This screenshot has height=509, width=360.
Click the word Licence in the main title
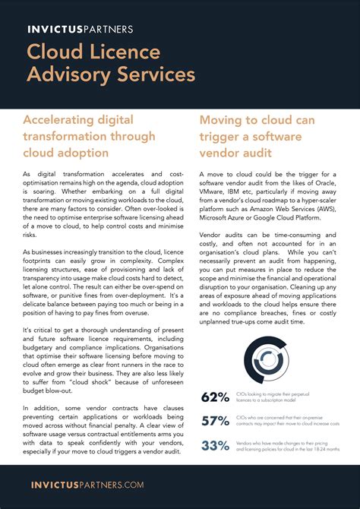click(133, 52)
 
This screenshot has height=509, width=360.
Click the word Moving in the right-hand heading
click(223, 120)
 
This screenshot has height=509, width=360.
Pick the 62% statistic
click(215, 397)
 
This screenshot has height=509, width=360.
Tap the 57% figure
click(215, 421)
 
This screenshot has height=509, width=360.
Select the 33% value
click(215, 445)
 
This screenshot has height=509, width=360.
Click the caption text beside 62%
click(284, 397)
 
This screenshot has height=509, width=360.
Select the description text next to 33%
click(286, 445)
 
